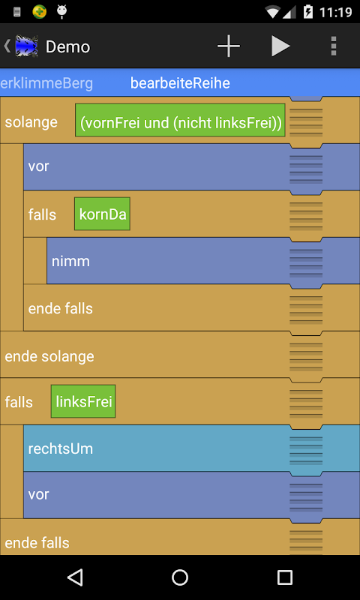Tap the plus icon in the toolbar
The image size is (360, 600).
click(229, 46)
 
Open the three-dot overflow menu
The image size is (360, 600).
click(334, 46)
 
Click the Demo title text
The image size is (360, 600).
click(67, 47)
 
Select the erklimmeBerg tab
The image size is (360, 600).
click(46, 83)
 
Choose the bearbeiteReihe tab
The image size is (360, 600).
click(180, 83)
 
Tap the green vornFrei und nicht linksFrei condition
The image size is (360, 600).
click(180, 120)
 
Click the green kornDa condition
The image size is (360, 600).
click(102, 214)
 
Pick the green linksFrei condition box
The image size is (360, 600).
click(83, 401)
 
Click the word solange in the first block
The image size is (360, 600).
click(31, 122)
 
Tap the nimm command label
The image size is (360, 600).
click(70, 261)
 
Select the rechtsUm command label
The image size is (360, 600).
click(61, 448)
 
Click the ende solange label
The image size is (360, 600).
click(49, 357)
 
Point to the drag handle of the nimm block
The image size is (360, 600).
click(306, 262)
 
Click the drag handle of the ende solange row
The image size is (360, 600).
click(306, 357)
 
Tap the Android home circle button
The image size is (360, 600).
click(180, 577)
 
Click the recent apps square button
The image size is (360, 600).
click(285, 577)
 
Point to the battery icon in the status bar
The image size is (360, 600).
click(307, 12)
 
